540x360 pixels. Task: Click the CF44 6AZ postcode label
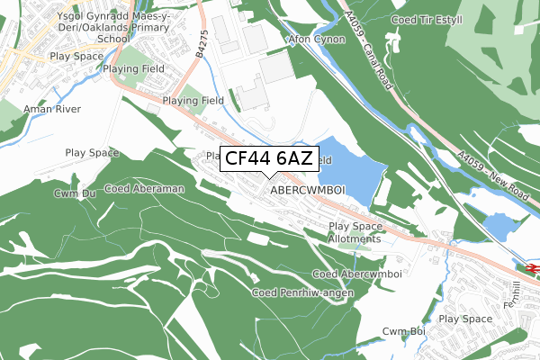268,159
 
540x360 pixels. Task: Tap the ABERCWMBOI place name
308,191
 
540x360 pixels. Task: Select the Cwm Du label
75,193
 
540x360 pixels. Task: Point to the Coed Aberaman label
144,189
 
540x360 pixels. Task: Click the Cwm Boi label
402,332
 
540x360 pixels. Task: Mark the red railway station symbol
530,267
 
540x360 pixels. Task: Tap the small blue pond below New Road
499,226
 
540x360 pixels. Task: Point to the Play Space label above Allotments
355,227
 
